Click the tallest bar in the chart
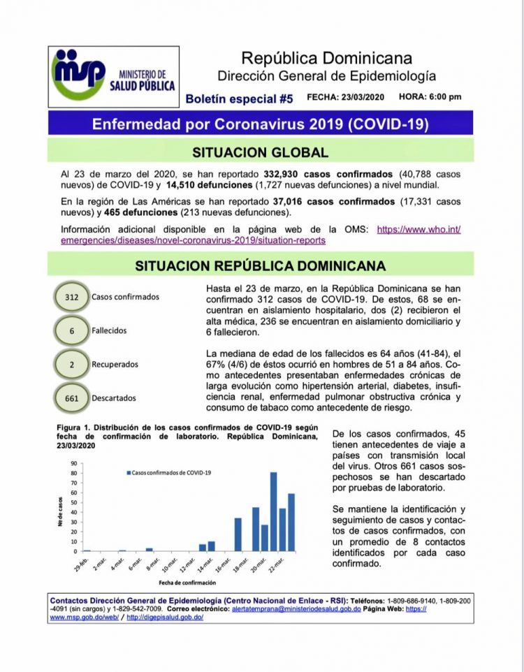tap(273, 511)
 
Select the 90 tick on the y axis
tap(73, 463)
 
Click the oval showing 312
tap(71, 296)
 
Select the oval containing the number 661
tap(71, 398)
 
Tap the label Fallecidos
tap(109, 330)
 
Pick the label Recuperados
tap(115, 364)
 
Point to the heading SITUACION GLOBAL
tap(260, 152)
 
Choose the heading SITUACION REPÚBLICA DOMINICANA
tap(260, 265)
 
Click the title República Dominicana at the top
tap(326, 58)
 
